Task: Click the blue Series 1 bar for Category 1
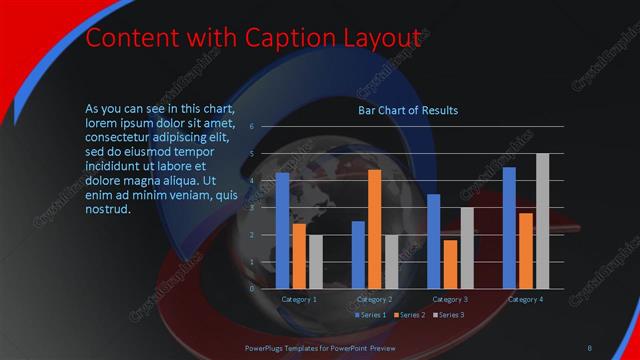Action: (x=282, y=230)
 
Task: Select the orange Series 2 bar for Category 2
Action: (x=375, y=229)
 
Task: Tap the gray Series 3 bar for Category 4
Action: (x=543, y=220)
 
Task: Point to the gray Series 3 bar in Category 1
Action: (x=315, y=261)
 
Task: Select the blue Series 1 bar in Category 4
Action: (x=509, y=227)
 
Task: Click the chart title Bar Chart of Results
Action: (x=408, y=110)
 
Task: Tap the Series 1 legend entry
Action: (x=371, y=315)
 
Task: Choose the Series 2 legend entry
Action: (x=408, y=315)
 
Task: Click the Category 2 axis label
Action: (x=375, y=299)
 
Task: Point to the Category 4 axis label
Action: (x=526, y=299)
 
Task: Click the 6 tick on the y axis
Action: (x=252, y=126)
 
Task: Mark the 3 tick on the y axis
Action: (x=252, y=207)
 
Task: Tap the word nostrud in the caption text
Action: (x=108, y=208)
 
